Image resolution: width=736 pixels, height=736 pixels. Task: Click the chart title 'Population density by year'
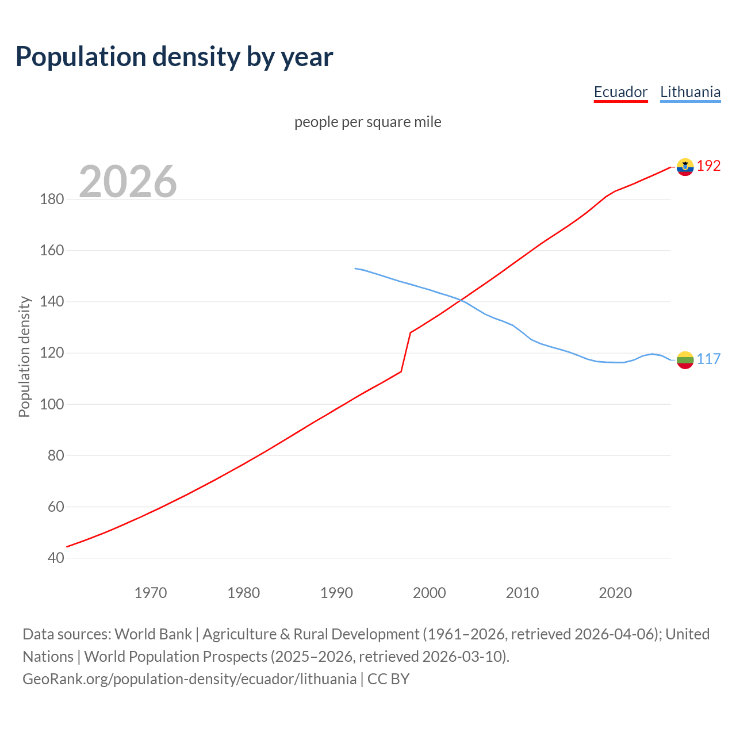click(174, 57)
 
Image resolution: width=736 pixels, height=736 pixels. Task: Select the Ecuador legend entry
click(620, 92)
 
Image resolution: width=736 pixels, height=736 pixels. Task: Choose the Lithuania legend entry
click(690, 92)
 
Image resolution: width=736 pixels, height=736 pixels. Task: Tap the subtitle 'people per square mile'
click(368, 122)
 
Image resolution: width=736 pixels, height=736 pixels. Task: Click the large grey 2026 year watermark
click(128, 182)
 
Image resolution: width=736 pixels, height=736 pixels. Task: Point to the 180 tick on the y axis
click(52, 200)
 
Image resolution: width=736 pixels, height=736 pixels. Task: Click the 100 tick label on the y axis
click(52, 404)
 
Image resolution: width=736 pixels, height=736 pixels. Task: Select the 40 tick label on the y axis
click(56, 558)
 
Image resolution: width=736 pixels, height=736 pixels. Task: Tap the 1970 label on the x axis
click(151, 592)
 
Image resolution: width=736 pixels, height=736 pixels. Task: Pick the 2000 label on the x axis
click(430, 592)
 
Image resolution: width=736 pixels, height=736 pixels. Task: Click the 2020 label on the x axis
click(615, 592)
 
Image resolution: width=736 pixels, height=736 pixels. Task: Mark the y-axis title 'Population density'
click(24, 356)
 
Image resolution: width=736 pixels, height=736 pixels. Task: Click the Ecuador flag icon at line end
click(685, 167)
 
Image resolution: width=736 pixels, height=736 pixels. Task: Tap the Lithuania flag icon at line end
click(685, 360)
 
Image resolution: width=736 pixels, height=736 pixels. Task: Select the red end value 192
click(708, 166)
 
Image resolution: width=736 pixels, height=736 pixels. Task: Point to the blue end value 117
click(708, 359)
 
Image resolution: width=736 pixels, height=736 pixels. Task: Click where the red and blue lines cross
click(462, 300)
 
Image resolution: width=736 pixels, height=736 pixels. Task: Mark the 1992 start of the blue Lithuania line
click(355, 269)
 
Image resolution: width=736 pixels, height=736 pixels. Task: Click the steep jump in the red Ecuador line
click(406, 352)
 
